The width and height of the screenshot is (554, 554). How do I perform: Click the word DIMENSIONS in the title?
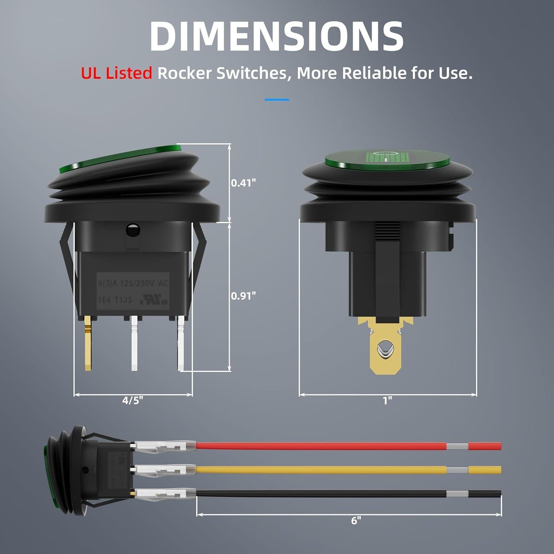click(276, 36)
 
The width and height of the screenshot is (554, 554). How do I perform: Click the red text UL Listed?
click(116, 73)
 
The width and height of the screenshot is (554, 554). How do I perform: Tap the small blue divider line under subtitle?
click(277, 99)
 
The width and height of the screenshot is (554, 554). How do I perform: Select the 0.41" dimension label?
click(243, 182)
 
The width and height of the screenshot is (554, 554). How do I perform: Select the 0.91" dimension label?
click(243, 295)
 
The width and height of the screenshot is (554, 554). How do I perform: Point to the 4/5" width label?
click(133, 400)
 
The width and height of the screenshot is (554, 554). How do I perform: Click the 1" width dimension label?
click(387, 400)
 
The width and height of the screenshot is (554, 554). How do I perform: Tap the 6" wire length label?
click(356, 520)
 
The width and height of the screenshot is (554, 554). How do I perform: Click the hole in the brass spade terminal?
click(384, 349)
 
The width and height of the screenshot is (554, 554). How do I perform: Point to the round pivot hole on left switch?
click(133, 230)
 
